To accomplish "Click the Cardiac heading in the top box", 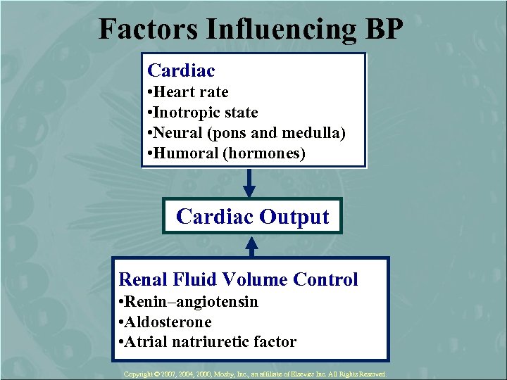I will tap(181, 70).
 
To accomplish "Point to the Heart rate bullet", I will tap(188, 92).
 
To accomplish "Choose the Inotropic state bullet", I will tap(203, 113).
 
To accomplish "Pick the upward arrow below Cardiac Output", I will tap(251, 245).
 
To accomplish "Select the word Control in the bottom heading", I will tap(325, 279).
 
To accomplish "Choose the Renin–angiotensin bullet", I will tap(189, 302).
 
